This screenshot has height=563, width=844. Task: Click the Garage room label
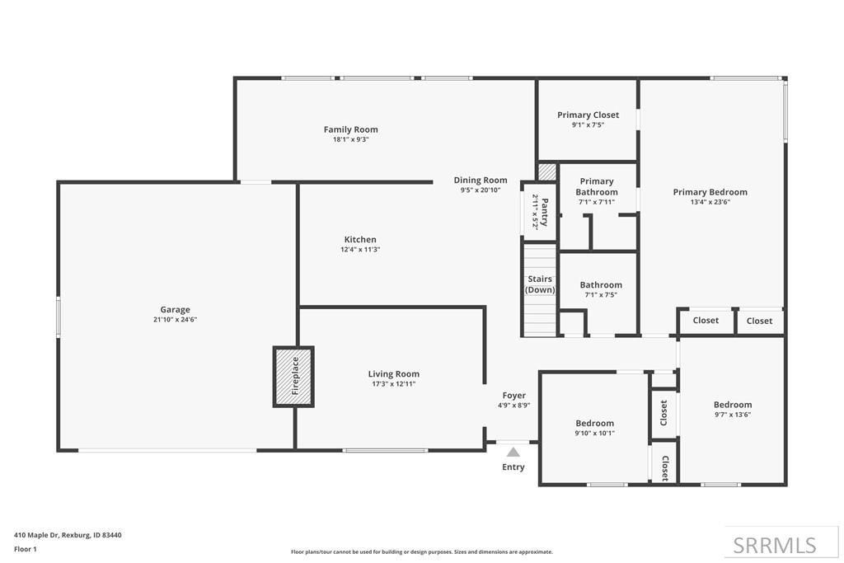[175, 309]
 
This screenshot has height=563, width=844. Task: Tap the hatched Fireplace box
[293, 377]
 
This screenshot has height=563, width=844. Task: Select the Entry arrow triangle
[513, 452]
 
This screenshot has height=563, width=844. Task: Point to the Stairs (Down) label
[540, 284]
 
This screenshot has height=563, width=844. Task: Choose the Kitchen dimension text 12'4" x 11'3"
[361, 250]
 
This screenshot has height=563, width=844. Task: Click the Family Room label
[351, 129]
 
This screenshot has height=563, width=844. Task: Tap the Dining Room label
[481, 181]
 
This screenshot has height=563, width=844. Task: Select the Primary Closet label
[588, 115]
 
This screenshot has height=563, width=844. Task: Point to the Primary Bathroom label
[597, 187]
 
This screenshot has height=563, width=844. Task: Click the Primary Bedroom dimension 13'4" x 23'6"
[710, 203]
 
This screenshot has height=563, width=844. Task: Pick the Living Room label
[393, 374]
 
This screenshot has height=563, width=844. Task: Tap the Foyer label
[514, 396]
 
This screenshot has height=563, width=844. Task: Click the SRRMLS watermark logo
[775, 545]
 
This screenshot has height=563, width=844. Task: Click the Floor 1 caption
[26, 549]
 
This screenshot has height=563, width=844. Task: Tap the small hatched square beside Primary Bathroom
[547, 172]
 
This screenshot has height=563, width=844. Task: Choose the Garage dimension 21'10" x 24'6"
[175, 320]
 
